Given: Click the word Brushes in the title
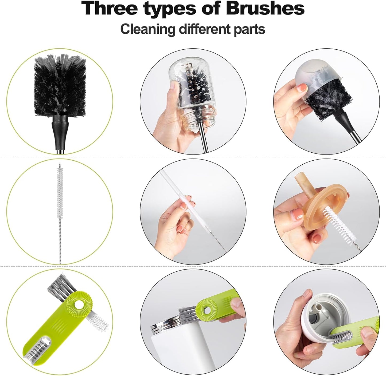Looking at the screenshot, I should click(x=265, y=9).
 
